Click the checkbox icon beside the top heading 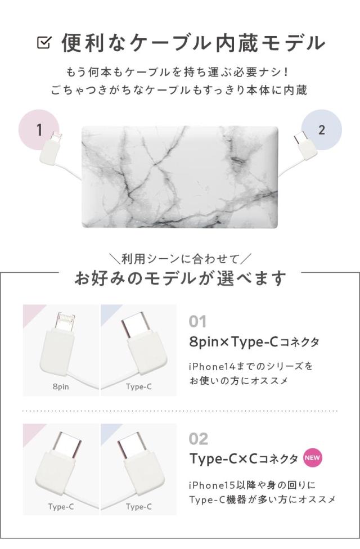point(43,42)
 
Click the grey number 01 point(198,322)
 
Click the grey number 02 point(199,439)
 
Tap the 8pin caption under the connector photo point(60,388)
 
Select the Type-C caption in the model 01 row point(138,388)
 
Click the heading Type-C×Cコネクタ point(244,458)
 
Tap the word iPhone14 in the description point(212,366)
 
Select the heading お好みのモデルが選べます point(180,278)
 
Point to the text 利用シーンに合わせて point(181,259)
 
